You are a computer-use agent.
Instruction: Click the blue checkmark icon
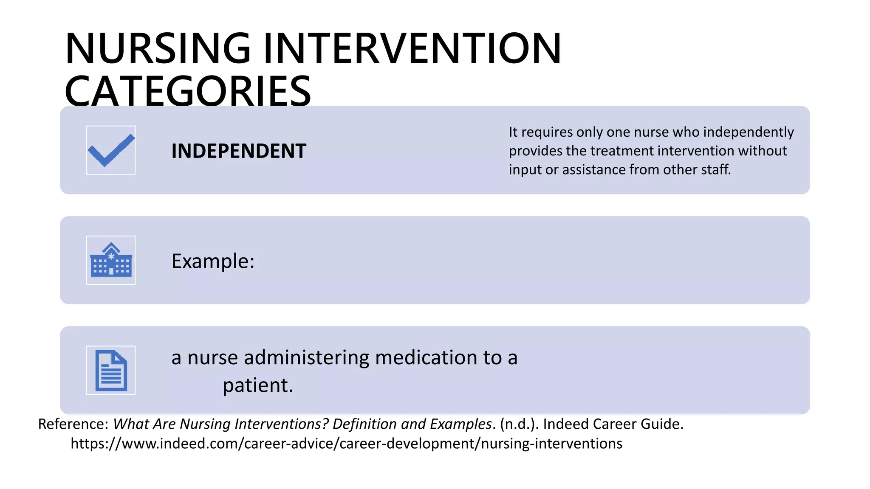(111, 150)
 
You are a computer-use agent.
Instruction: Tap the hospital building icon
(111, 260)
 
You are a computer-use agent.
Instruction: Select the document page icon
(111, 370)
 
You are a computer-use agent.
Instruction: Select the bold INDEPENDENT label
(239, 151)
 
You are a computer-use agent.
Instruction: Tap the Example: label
(213, 261)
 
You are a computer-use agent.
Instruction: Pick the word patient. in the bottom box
(258, 385)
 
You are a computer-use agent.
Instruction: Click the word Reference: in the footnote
(73, 424)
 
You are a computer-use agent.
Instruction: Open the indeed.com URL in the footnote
(346, 443)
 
